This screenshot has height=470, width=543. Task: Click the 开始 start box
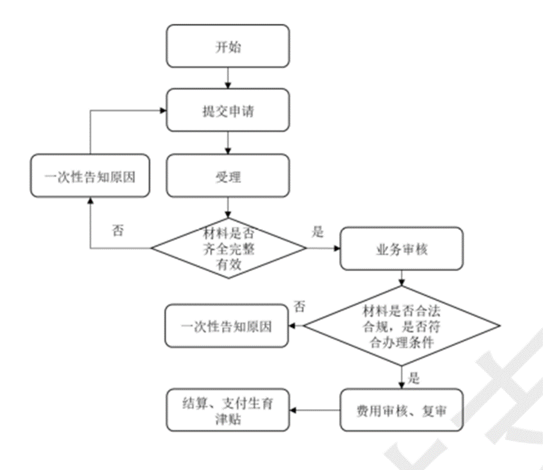228,46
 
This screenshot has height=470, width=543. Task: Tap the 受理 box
228,175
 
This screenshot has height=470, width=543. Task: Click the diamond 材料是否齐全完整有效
228,247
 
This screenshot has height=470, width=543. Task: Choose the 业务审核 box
401,248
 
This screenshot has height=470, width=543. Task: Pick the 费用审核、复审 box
401,409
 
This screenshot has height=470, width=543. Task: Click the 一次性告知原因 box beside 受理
90,175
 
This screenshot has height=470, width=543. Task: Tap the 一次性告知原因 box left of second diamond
227,326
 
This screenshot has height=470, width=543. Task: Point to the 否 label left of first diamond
117,229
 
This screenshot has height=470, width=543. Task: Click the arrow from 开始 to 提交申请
228,78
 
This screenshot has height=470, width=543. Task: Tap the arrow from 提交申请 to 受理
228,142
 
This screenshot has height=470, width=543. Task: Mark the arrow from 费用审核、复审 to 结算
315,409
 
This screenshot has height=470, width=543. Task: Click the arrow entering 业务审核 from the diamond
324,247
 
